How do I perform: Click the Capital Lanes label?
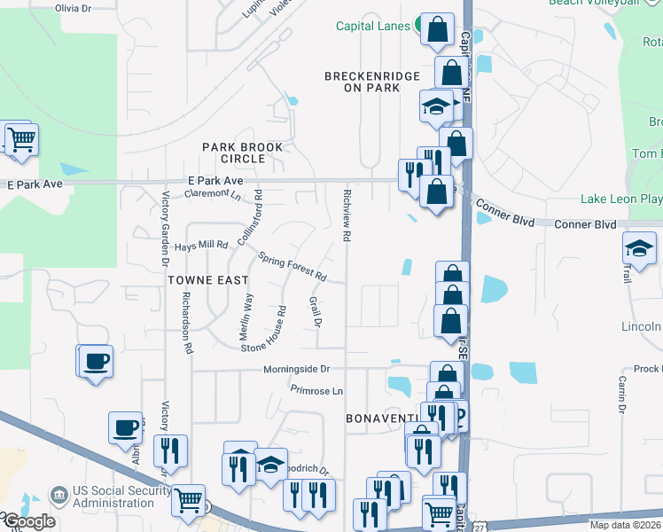(x=371, y=26)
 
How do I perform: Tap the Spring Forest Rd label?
(x=292, y=266)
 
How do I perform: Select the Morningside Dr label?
(x=296, y=368)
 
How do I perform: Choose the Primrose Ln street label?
(x=316, y=390)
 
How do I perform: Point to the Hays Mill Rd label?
(x=201, y=245)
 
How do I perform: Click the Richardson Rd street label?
(x=187, y=323)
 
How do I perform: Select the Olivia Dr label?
(x=73, y=7)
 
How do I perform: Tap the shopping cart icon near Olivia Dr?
(x=21, y=139)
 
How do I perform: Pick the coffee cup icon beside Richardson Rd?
(x=97, y=361)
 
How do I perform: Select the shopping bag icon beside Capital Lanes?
(x=437, y=29)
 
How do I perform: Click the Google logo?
(x=28, y=521)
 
